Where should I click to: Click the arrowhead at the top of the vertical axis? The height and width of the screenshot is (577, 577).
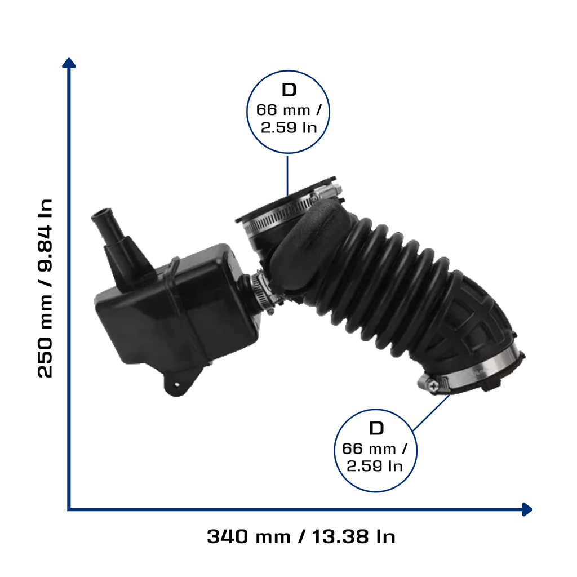click(x=69, y=63)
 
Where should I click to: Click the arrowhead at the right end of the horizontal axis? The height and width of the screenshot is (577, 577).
click(x=527, y=509)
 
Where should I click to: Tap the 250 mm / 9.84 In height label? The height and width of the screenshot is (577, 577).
click(x=45, y=288)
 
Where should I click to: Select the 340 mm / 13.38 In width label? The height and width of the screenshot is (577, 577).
click(x=301, y=536)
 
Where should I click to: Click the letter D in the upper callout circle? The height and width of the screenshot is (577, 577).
click(x=289, y=90)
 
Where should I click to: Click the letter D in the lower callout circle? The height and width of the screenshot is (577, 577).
click(x=376, y=428)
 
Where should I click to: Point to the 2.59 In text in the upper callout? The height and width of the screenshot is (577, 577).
click(x=289, y=128)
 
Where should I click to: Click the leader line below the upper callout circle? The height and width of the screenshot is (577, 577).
click(x=287, y=175)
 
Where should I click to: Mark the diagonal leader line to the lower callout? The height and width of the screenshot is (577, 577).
click(x=431, y=413)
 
